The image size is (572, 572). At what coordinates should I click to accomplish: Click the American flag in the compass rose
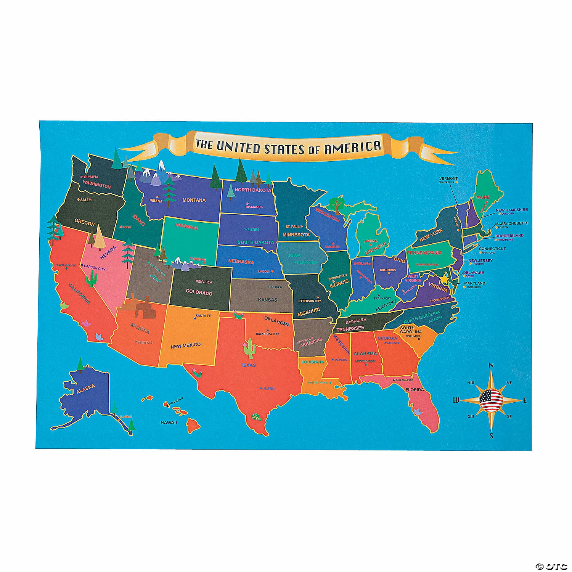tap(491, 400)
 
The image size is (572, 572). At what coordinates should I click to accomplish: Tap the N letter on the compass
tap(491, 365)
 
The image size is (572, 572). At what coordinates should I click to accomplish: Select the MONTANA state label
tap(194, 200)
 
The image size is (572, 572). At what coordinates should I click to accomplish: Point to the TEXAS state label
tap(248, 365)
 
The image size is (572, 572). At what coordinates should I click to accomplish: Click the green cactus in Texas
tap(249, 348)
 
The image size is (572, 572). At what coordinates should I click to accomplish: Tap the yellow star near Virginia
tap(445, 279)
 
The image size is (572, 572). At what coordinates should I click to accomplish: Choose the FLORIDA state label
tap(415, 390)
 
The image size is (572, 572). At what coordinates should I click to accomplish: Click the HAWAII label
tap(169, 423)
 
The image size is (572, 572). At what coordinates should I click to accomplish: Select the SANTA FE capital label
tap(203, 316)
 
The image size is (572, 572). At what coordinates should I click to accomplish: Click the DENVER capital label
tap(202, 282)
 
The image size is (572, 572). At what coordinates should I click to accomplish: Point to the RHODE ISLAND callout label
tap(509, 236)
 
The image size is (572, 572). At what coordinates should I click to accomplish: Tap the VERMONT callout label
tap(448, 178)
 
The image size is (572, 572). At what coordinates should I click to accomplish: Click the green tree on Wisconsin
tap(336, 204)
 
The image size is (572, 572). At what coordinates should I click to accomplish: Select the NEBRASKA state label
tap(241, 262)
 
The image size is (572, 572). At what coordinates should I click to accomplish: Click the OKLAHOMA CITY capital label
tap(267, 334)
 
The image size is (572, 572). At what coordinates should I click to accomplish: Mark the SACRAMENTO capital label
tap(66, 265)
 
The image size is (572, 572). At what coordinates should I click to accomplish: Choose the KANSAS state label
tap(267, 300)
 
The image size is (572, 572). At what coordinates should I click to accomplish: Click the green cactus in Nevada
tap(91, 280)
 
